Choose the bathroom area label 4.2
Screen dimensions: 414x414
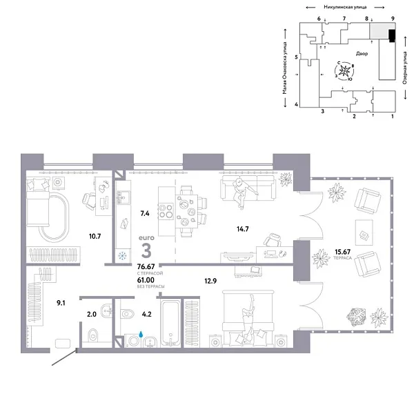[x=146, y=314]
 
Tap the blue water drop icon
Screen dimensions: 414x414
[x=140, y=335]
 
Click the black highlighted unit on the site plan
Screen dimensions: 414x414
[x=391, y=35]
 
